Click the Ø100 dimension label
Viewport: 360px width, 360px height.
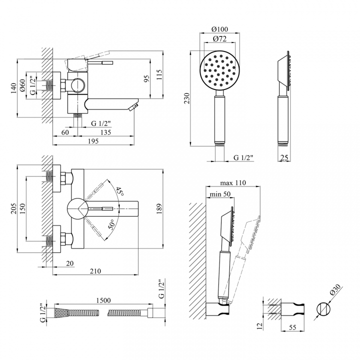219,29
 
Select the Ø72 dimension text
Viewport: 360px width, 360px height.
219,39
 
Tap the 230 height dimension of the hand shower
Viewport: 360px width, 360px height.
187,98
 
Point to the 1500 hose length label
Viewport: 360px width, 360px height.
103,300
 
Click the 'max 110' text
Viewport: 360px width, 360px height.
233,183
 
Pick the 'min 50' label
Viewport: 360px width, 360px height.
220,194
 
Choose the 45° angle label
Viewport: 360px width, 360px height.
119,191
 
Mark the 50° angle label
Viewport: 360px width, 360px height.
112,224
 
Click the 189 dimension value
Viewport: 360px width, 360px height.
159,208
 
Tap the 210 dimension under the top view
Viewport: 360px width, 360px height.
95,271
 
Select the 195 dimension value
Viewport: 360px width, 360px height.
93,141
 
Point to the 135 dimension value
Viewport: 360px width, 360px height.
105,132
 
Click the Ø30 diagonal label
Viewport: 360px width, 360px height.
335,290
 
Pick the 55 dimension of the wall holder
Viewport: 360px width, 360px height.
292,327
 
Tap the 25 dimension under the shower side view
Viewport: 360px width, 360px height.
284,157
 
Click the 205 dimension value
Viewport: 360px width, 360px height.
14,208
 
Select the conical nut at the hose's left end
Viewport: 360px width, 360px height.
62,312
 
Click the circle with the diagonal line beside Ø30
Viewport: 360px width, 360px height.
323,309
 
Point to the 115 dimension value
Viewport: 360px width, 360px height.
159,74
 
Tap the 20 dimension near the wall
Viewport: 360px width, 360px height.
70,263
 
